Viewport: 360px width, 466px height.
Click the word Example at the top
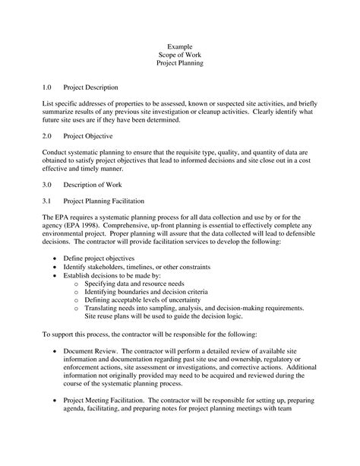click(x=180, y=47)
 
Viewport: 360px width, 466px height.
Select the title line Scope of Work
click(x=180, y=55)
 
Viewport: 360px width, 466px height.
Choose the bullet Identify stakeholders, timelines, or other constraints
click(x=139, y=268)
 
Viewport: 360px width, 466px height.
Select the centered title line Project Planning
click(x=180, y=64)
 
